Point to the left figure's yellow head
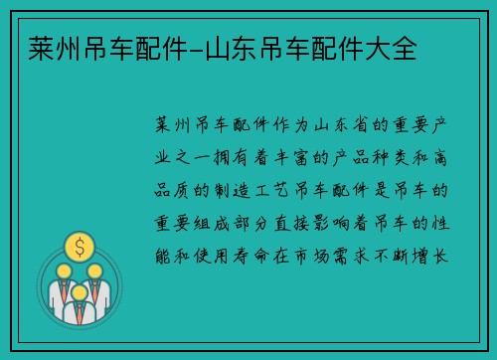pos(62,270)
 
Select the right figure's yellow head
pos(94,270)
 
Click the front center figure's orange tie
pos(78,309)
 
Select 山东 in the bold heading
pos(226,46)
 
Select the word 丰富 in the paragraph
pos(317,158)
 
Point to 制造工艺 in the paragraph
pos(263,190)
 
